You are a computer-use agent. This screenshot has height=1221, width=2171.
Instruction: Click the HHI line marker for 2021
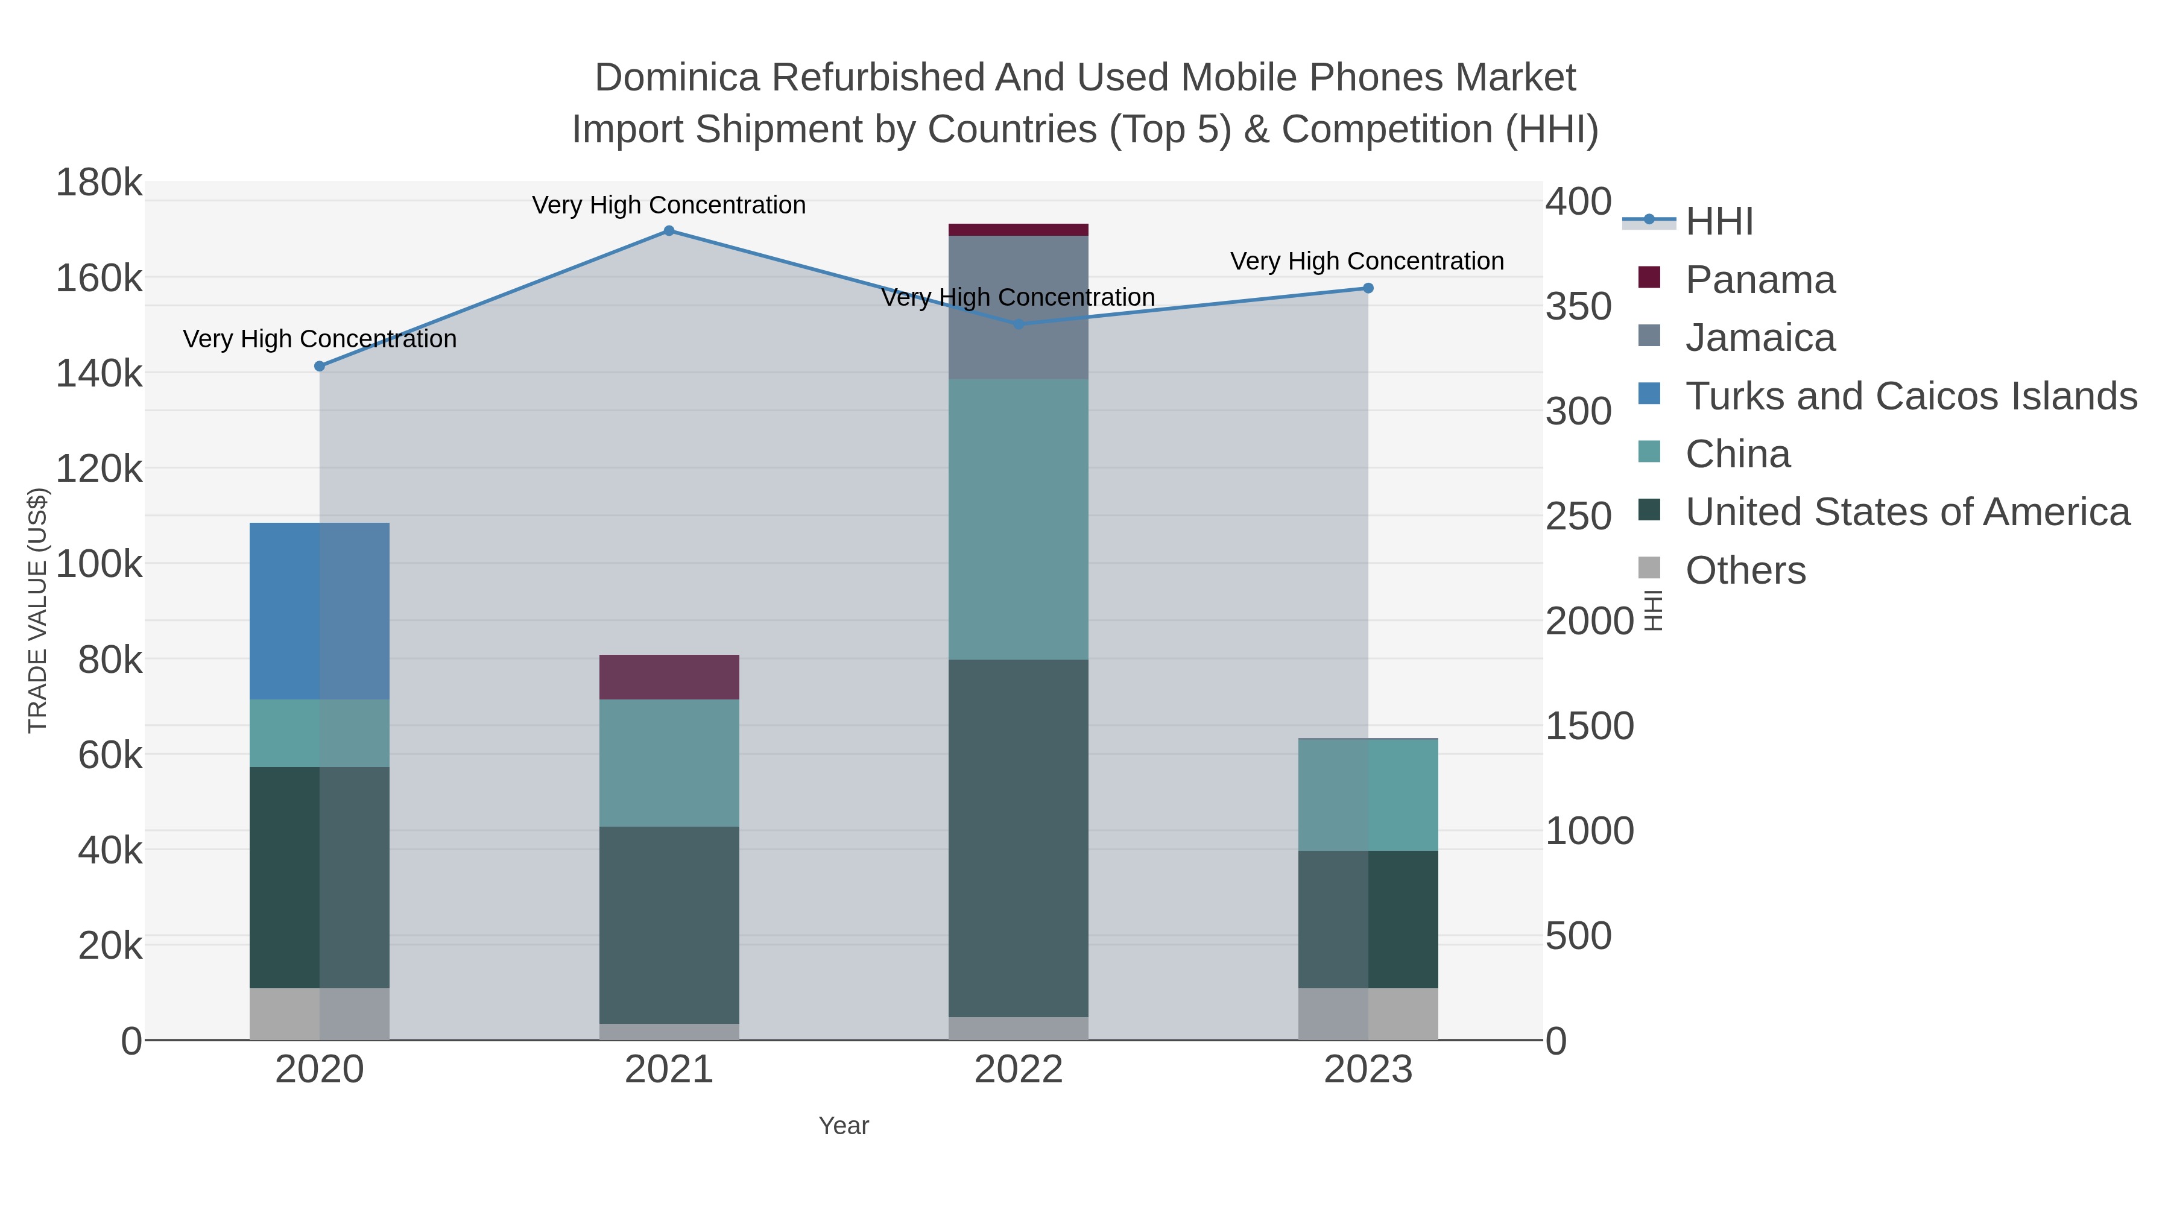pyautogui.click(x=668, y=231)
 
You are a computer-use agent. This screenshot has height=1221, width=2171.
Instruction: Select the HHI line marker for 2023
pyautogui.click(x=1368, y=288)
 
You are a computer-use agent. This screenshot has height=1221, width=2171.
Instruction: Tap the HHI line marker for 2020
pyautogui.click(x=320, y=367)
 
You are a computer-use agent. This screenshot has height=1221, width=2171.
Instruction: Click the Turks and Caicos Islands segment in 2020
pyautogui.click(x=320, y=611)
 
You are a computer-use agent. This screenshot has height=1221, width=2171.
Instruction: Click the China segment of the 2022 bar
pyautogui.click(x=1018, y=519)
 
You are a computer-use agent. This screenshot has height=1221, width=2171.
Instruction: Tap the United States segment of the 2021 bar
pyautogui.click(x=668, y=924)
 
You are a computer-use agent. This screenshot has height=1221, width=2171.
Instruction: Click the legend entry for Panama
pyautogui.click(x=1760, y=280)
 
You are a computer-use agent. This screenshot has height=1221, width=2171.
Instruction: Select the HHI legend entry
pyautogui.click(x=1719, y=222)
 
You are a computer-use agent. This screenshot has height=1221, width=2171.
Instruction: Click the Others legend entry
pyautogui.click(x=1745, y=570)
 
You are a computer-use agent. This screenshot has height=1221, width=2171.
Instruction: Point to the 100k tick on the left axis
pyautogui.click(x=100, y=564)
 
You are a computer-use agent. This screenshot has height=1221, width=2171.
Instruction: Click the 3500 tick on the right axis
pyautogui.click(x=1578, y=307)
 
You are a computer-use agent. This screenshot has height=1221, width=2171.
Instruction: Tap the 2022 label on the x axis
pyautogui.click(x=1018, y=1070)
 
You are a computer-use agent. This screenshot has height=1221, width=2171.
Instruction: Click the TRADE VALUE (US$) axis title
pyautogui.click(x=38, y=610)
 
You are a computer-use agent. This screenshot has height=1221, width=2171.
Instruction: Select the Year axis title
pyautogui.click(x=844, y=1126)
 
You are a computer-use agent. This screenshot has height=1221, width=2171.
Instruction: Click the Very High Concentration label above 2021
pyautogui.click(x=668, y=205)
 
